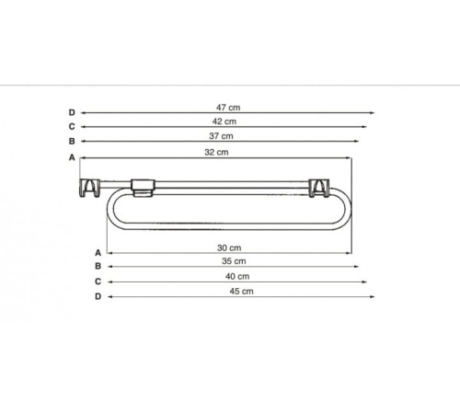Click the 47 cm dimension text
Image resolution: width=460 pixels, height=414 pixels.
[228, 108]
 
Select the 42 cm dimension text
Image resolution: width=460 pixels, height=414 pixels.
[224, 121]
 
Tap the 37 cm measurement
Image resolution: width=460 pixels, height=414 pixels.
[221, 136]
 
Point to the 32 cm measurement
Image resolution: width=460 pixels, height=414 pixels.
[216, 152]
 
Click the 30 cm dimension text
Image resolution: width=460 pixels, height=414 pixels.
[229, 247]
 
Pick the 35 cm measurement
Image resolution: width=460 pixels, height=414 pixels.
[234, 261]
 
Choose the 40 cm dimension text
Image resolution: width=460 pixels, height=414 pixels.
[237, 276]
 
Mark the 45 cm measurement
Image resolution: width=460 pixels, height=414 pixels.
[242, 292]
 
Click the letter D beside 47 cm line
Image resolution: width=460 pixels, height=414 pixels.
[72, 112]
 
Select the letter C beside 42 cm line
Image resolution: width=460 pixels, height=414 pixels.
[72, 126]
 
